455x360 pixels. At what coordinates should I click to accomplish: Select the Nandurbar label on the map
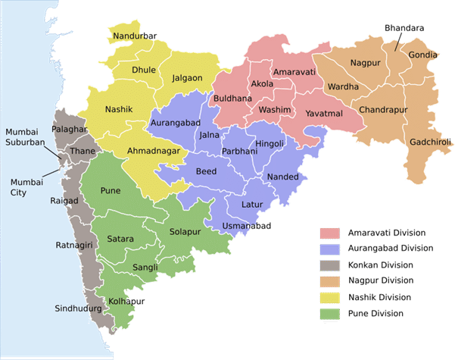point(134,36)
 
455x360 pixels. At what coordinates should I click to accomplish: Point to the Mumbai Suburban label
point(26,136)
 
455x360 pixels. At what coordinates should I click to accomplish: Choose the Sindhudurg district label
point(79,308)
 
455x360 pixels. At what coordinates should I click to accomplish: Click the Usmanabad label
point(245,226)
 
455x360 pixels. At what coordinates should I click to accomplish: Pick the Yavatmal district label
point(324,114)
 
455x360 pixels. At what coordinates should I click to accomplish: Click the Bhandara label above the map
point(404,28)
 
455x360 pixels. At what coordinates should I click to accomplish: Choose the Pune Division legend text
point(376,314)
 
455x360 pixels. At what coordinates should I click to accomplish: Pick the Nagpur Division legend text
point(380,281)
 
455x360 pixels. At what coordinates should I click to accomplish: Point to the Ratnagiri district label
point(74,245)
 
